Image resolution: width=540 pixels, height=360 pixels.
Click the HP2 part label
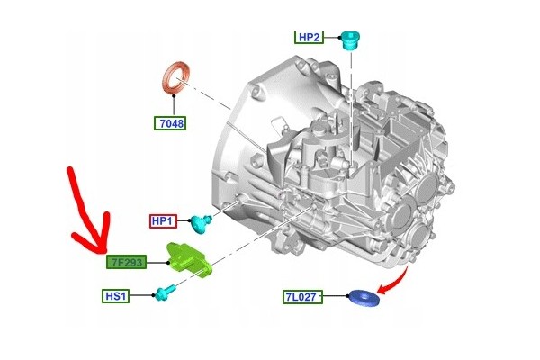[x=309, y=37]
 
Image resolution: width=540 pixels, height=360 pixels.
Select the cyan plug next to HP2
[x=350, y=40]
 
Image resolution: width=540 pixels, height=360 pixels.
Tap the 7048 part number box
[x=170, y=123]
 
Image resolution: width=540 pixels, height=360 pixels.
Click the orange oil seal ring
[x=175, y=78]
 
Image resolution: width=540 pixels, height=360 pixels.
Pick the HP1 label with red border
[x=163, y=221]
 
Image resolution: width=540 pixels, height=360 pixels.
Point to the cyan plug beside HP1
[x=201, y=223]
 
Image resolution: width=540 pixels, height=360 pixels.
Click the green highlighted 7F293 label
[x=126, y=262]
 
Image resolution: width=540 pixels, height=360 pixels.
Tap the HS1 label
[x=115, y=296]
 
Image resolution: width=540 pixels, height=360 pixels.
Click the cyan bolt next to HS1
[x=165, y=293]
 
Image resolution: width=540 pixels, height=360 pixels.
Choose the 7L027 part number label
[x=302, y=297]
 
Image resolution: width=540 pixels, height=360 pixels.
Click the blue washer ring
[x=364, y=298]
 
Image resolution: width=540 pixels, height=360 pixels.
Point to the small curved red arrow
[x=394, y=282]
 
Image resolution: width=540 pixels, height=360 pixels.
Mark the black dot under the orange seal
[x=174, y=95]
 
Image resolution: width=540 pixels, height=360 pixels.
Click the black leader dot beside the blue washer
[x=347, y=296]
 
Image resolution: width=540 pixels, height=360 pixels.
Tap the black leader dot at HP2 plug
[x=339, y=37]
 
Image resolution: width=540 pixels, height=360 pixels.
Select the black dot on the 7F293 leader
[x=168, y=263]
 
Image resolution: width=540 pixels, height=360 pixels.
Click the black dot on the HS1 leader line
[x=153, y=295]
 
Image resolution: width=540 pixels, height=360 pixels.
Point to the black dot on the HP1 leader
[x=189, y=220]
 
